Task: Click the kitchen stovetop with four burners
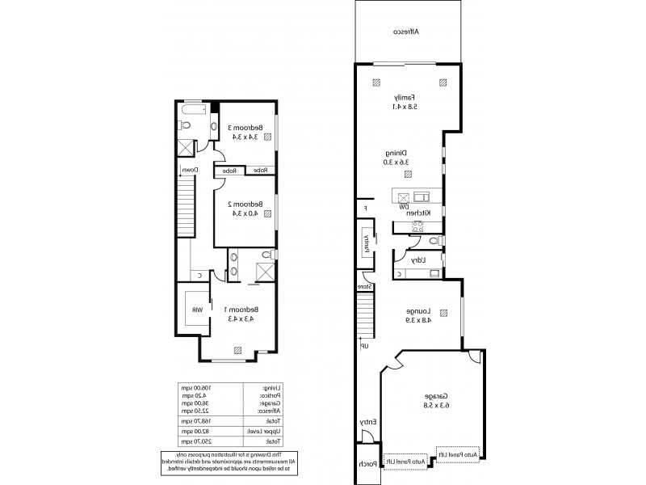[419, 226]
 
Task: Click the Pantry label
[365, 244]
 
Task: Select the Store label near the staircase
[365, 286]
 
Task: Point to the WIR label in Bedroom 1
[196, 310]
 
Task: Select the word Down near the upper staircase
[189, 170]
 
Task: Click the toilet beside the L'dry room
[434, 241]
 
